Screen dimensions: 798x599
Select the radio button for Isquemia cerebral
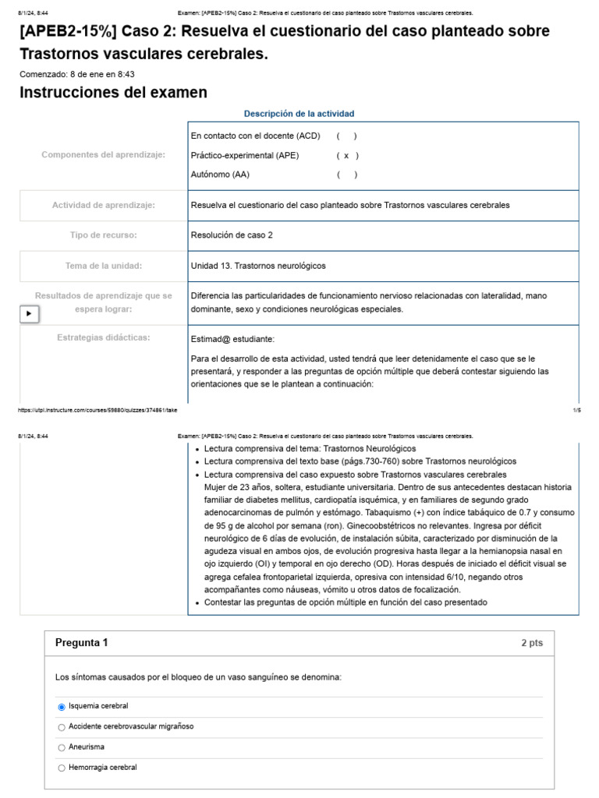(62, 707)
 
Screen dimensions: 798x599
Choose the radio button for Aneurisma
(62, 747)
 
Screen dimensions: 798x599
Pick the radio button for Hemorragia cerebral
(62, 768)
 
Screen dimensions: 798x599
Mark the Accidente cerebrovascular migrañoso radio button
(62, 727)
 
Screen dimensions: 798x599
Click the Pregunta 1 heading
(82, 643)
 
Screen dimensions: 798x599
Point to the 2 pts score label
(532, 644)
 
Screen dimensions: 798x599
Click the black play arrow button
(29, 313)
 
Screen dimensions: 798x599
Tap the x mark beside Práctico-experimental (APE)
(346, 155)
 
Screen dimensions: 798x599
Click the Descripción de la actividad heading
(299, 114)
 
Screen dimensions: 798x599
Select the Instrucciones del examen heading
(113, 93)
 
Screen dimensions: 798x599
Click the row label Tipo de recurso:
(104, 235)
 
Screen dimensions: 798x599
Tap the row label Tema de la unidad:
(104, 266)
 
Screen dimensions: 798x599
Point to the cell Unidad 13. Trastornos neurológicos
(258, 266)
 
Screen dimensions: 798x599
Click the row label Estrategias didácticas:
(104, 337)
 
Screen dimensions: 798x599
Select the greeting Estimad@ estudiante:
(232, 339)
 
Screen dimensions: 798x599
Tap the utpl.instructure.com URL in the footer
(97, 410)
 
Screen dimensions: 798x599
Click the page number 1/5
(576, 410)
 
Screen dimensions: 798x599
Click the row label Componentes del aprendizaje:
(104, 154)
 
